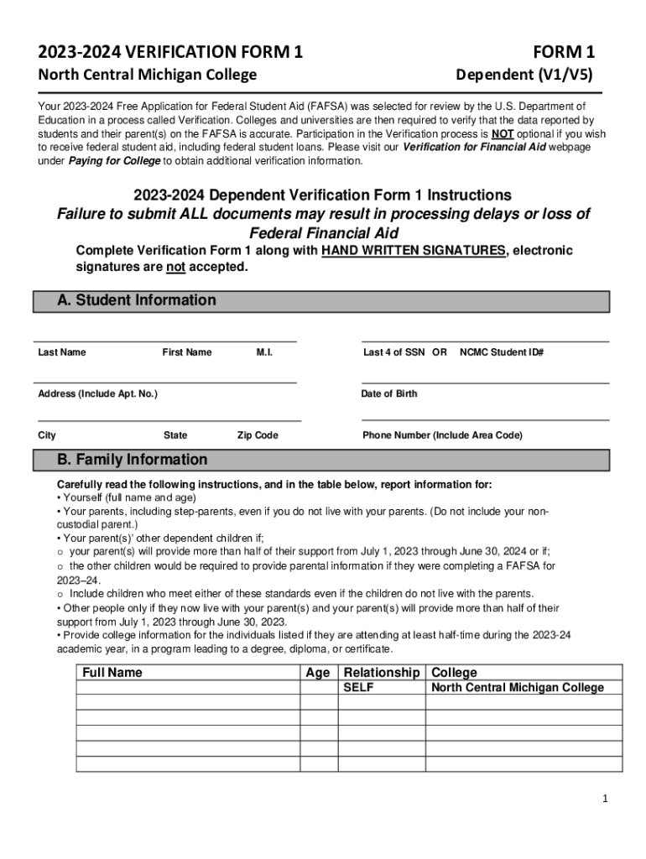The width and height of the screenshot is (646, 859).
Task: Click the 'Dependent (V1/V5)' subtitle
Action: coord(524,75)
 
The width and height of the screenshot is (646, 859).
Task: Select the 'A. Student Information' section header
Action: coord(136,300)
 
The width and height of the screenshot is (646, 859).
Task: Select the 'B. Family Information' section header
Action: coord(132,460)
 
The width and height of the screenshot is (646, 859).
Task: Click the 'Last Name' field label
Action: coord(62,352)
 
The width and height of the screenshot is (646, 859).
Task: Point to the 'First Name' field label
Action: coord(187,352)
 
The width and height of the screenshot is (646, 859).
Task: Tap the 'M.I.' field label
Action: coord(264,352)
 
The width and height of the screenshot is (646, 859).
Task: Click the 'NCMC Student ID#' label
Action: coord(502,352)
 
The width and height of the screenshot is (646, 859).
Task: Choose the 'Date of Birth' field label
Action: coord(389,393)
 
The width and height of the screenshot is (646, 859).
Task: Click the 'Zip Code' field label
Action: coord(258,435)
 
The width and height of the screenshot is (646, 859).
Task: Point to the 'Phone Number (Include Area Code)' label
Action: coord(442,435)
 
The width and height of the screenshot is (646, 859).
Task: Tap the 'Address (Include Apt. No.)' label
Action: coord(98,393)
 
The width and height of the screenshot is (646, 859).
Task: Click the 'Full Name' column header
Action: coord(112,673)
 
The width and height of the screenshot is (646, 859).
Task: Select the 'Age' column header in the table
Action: coord(318,673)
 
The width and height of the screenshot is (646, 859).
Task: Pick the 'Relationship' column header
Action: coord(382,673)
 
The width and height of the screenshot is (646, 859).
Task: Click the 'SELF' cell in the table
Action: coord(359,688)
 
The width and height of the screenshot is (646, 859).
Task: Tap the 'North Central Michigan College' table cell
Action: coord(518,688)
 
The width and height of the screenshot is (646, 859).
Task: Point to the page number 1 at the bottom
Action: coord(604,798)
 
